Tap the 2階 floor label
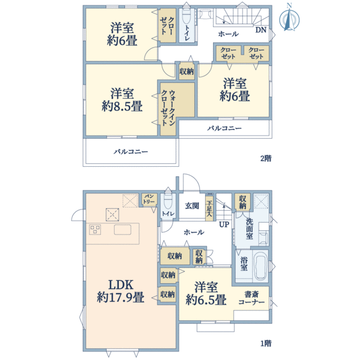[265, 159]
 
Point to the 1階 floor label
[265, 343]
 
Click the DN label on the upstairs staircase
[261, 29]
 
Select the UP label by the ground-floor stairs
[224, 224]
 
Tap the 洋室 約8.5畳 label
[121, 100]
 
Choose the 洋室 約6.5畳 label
[205, 293]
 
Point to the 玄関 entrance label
[191, 206]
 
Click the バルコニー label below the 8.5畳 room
[130, 152]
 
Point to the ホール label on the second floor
[227, 34]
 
